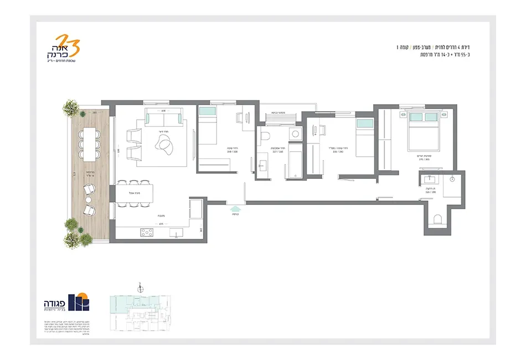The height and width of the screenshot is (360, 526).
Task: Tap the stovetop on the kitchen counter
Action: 147,232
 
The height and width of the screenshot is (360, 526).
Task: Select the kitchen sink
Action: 176,233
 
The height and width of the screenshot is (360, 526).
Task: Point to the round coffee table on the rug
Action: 164,144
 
